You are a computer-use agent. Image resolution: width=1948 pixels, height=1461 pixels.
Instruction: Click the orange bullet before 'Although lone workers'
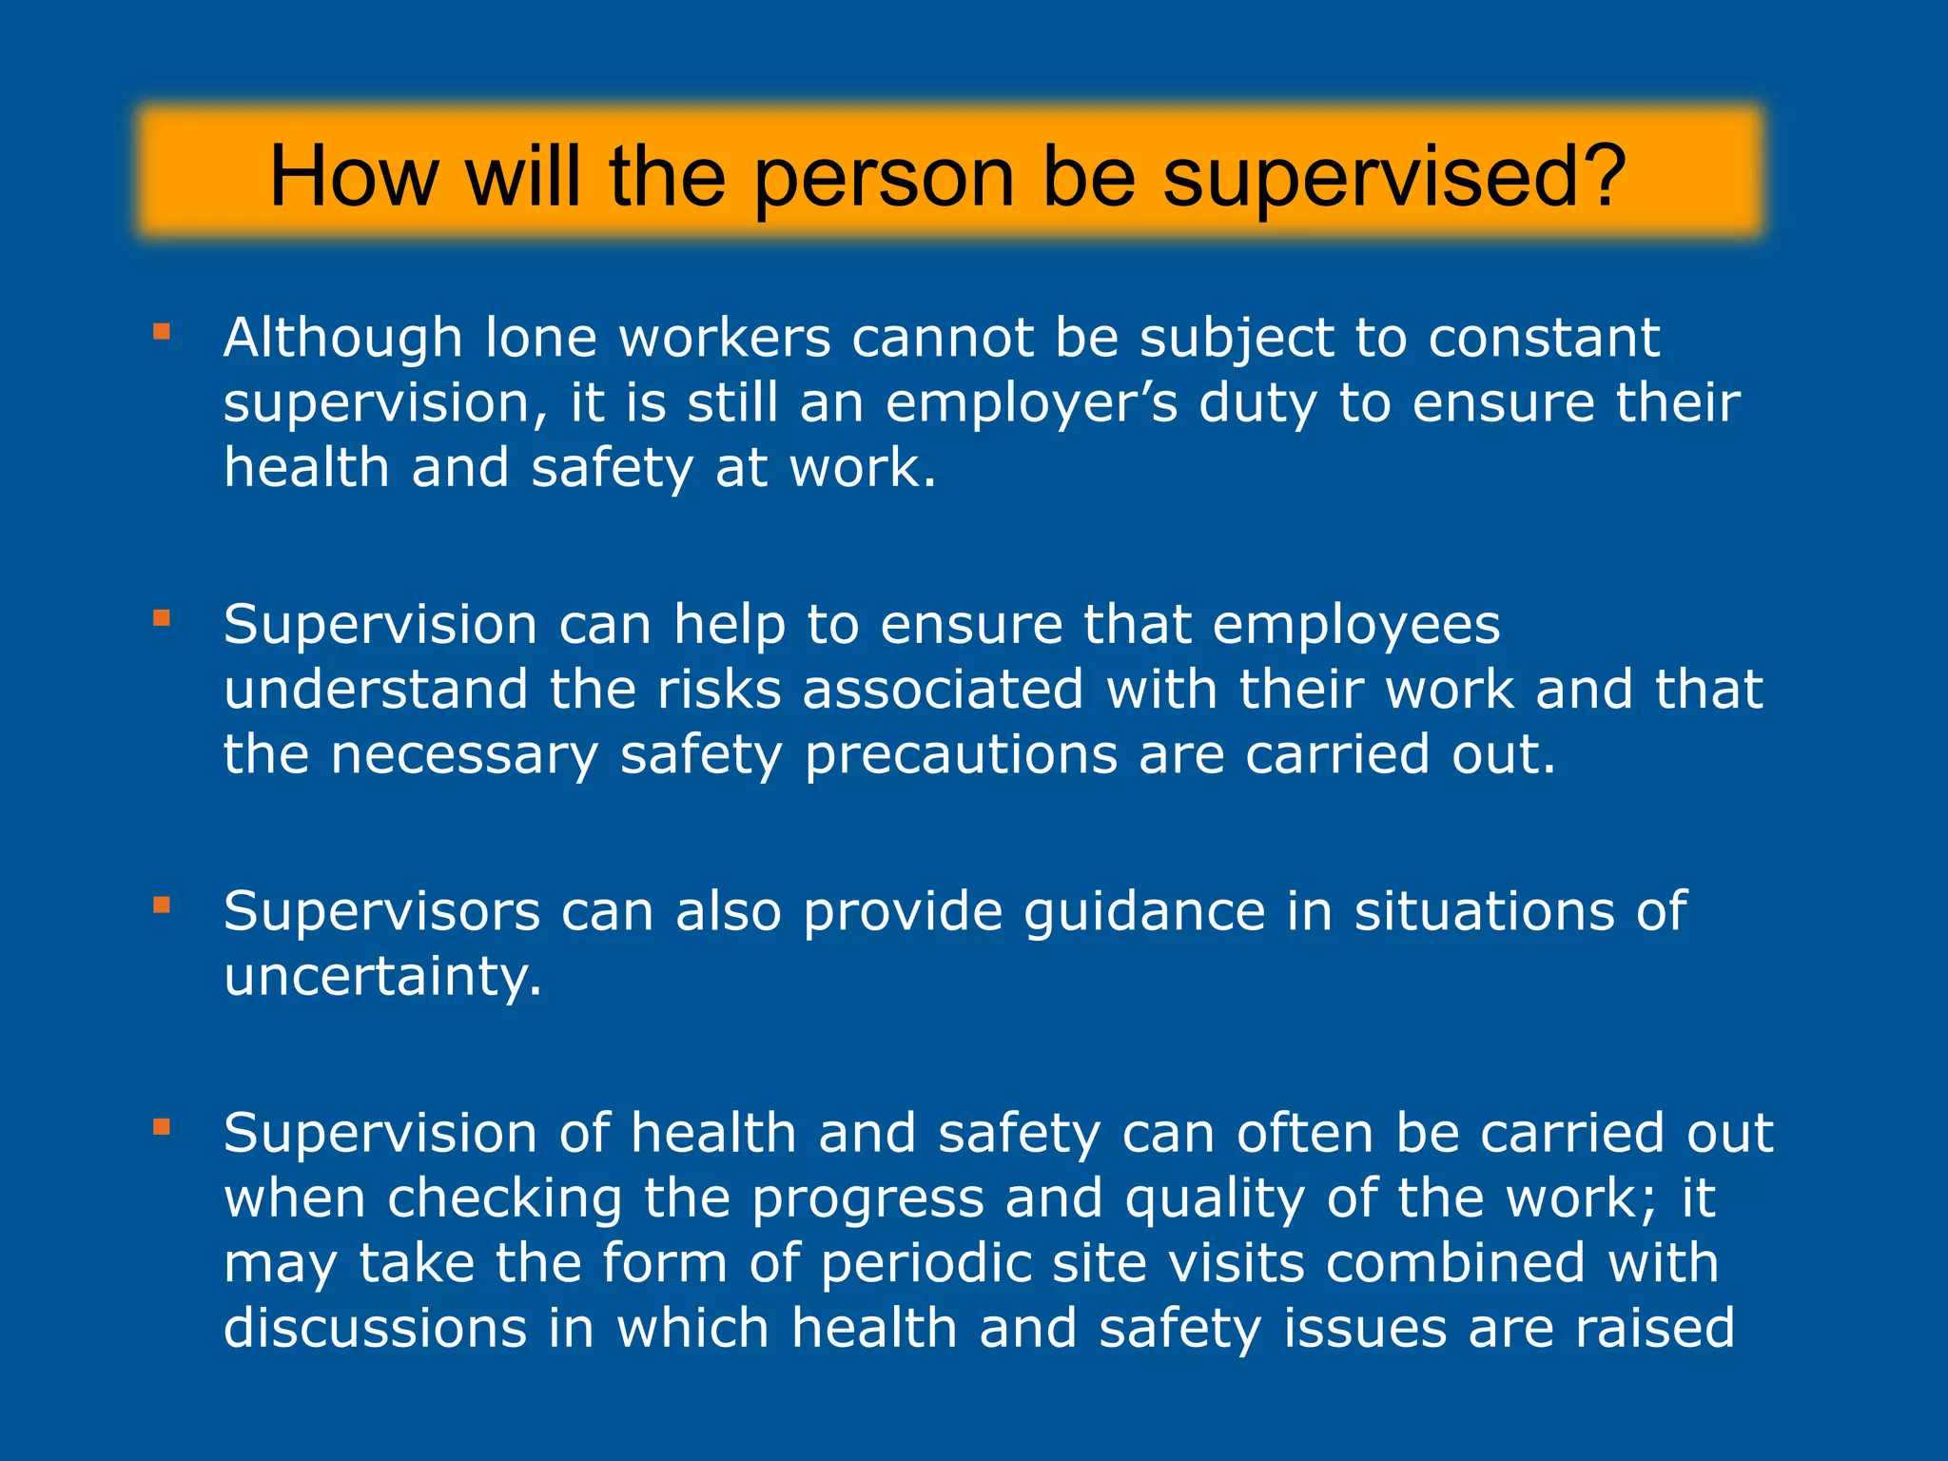point(162,332)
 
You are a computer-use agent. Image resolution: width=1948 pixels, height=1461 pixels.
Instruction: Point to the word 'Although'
point(343,338)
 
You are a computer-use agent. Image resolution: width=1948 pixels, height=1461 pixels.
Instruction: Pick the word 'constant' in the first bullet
point(1544,338)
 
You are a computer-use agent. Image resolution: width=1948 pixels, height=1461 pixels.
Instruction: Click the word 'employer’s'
point(1031,403)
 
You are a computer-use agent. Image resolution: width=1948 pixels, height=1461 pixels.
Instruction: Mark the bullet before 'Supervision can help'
point(162,619)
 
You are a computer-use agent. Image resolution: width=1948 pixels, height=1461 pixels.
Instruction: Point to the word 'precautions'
point(961,756)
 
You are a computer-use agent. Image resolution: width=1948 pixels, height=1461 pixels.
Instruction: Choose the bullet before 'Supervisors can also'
point(162,906)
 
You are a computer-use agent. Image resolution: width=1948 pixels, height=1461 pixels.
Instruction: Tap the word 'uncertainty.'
point(382,978)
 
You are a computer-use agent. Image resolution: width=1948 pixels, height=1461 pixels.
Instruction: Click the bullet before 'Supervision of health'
point(162,1128)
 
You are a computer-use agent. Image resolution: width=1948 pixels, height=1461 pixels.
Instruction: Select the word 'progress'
point(868,1199)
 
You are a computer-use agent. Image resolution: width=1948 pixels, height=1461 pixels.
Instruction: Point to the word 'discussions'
point(375,1329)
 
